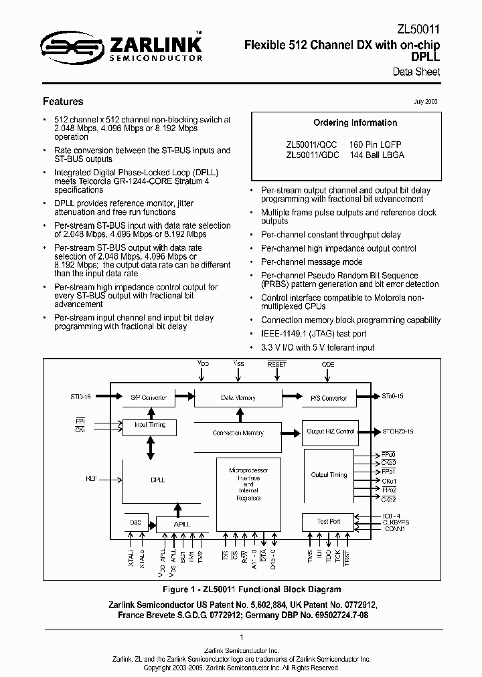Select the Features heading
click(63, 102)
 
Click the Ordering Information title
click(355, 123)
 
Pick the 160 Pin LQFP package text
click(376, 144)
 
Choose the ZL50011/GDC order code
click(311, 155)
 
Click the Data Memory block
click(238, 398)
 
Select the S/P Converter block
click(149, 398)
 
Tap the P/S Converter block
click(329, 398)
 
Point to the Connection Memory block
click(238, 433)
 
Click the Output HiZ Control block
click(330, 431)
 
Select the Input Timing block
click(150, 425)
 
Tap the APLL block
click(181, 524)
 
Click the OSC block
click(136, 522)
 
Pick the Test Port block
click(329, 521)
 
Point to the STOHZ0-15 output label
click(398, 431)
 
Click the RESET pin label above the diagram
click(276, 365)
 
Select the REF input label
click(92, 479)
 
